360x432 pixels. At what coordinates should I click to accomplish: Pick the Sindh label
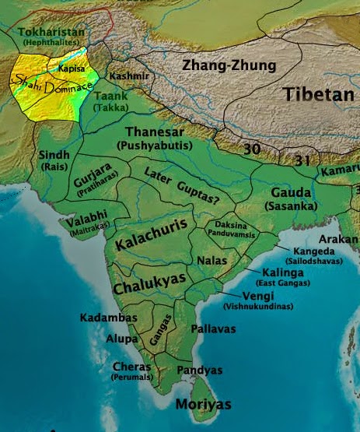pos(54,156)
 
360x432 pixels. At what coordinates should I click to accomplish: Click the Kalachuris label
pos(149,238)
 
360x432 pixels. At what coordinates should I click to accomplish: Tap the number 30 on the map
pos(251,149)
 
